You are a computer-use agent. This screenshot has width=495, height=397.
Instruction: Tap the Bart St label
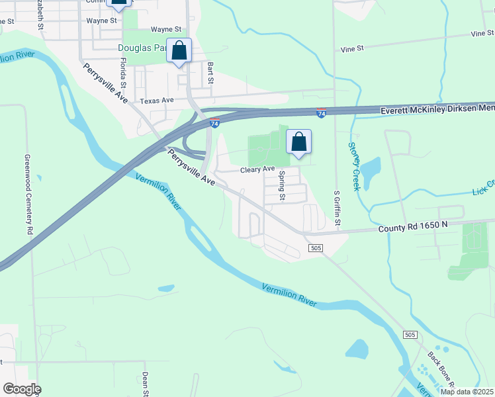[x=210, y=73]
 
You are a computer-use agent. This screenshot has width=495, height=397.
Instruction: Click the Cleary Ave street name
[x=257, y=170]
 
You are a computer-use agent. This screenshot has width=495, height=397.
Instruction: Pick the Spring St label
[x=282, y=186]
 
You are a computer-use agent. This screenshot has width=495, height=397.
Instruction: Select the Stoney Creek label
[x=354, y=166]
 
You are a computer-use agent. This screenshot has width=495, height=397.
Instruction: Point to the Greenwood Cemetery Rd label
[x=28, y=195]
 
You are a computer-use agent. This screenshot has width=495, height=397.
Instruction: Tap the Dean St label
[x=144, y=384]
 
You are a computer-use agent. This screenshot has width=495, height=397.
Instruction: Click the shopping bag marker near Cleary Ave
[x=299, y=142]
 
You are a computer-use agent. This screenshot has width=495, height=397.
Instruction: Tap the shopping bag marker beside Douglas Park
[x=179, y=50]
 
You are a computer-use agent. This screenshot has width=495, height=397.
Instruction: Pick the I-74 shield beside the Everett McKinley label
[x=321, y=114]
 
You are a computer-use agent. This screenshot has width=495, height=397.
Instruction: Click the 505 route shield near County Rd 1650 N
[x=315, y=247]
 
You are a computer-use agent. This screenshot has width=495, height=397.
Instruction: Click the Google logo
[x=21, y=389]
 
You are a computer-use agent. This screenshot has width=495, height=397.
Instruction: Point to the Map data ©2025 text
[x=467, y=392]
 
